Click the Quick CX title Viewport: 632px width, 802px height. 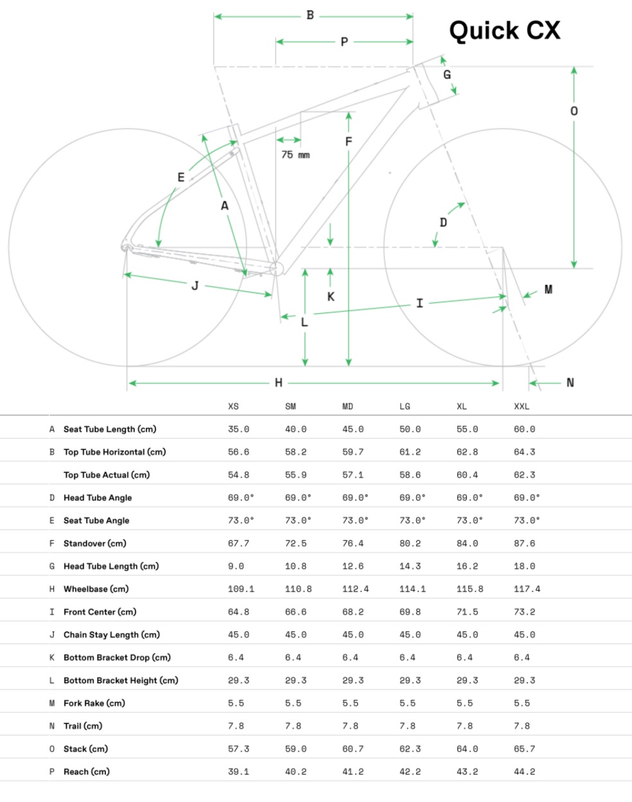point(504,31)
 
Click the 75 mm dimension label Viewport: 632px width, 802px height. point(295,155)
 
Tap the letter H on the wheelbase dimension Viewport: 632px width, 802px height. point(279,383)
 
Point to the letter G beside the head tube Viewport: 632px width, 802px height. point(447,74)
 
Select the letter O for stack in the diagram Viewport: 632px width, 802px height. point(574,111)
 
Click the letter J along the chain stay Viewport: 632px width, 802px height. point(195,286)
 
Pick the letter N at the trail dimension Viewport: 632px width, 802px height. point(570,383)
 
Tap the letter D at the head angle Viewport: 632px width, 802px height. point(443,223)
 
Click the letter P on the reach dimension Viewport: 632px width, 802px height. point(344,42)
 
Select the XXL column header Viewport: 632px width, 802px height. point(522,406)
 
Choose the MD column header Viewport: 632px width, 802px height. point(347,406)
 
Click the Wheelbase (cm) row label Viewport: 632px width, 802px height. point(96,589)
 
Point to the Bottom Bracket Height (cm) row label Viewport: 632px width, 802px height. point(121,681)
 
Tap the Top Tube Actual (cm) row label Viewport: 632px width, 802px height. point(107,475)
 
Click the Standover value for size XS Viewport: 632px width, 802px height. point(239,543)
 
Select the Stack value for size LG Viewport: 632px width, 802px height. point(410,749)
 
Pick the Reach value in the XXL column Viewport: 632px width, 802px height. point(525,772)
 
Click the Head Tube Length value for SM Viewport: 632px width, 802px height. point(296,567)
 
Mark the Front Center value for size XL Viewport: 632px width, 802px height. point(467,612)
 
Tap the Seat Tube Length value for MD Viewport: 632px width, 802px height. point(353,429)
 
